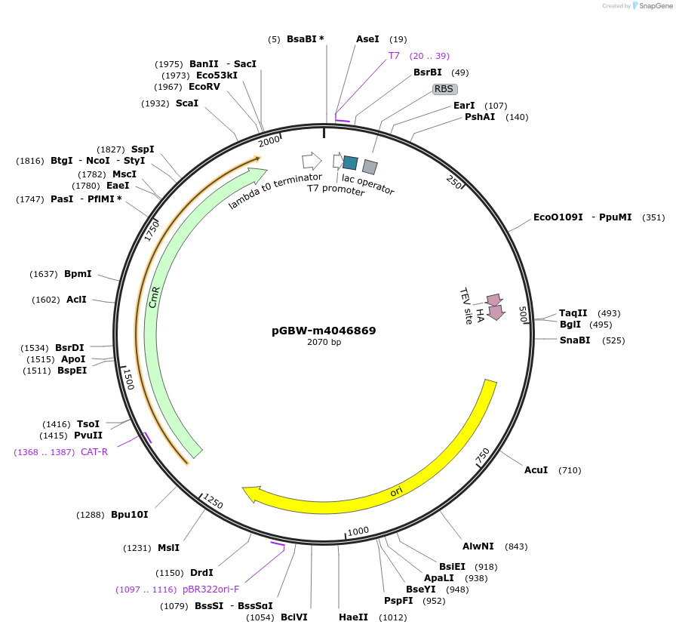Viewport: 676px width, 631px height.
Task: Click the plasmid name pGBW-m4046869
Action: (x=324, y=331)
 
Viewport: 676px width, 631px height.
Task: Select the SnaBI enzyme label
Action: (x=575, y=340)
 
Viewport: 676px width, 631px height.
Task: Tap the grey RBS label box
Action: (x=444, y=89)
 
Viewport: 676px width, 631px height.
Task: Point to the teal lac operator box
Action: (x=350, y=162)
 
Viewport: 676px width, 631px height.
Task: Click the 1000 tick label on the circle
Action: (x=358, y=531)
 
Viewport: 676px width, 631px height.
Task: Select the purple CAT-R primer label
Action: (x=94, y=452)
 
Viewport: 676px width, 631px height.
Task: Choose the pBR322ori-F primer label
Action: (x=210, y=589)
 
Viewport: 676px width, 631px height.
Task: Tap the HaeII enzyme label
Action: (x=354, y=617)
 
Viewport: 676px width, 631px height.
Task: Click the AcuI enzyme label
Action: (x=536, y=470)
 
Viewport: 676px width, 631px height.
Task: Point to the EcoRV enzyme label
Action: (x=204, y=87)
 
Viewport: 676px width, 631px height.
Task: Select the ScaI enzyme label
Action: (x=187, y=103)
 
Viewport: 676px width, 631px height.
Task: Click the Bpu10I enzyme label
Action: (x=129, y=515)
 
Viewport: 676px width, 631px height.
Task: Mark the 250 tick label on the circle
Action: (x=453, y=182)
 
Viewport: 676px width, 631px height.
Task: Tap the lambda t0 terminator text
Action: (x=275, y=191)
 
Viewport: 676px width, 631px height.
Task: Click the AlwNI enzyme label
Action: (x=478, y=546)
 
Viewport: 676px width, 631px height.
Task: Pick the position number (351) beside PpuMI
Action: (x=653, y=217)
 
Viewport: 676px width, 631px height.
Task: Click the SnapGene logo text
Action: (x=656, y=6)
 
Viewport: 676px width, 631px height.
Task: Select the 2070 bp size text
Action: (x=324, y=342)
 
